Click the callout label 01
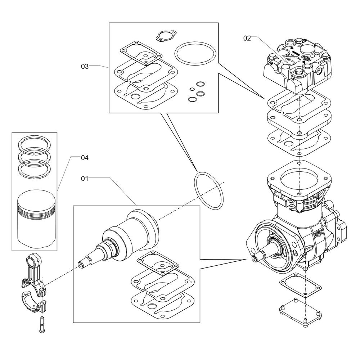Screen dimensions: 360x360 click(85, 179)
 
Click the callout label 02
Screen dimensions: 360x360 click(247, 38)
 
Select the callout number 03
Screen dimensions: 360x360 click(85, 66)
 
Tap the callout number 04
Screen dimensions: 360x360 click(85, 158)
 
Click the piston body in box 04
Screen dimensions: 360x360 click(36, 219)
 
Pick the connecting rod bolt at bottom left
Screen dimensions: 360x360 click(42, 325)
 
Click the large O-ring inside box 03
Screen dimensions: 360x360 click(195, 53)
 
